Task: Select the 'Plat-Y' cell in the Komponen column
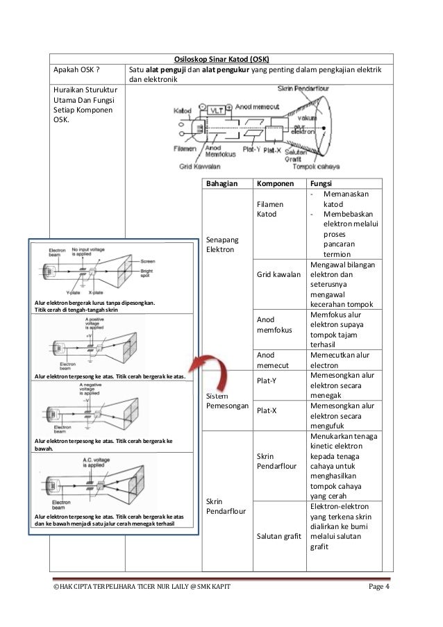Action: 268,380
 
